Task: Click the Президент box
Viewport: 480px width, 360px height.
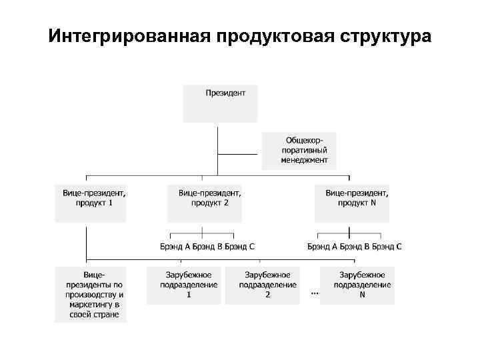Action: coord(220,103)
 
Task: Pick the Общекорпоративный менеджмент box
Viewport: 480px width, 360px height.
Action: coord(299,150)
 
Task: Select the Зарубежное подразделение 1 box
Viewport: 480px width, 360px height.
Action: coord(189,285)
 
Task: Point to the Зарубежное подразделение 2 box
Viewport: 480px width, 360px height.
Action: coord(263,285)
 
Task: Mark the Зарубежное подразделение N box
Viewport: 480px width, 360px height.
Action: coord(357,285)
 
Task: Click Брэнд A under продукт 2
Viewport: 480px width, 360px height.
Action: coord(175,247)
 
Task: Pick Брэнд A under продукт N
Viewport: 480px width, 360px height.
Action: coord(322,247)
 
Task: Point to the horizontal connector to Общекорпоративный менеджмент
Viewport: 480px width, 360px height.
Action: coord(239,154)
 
